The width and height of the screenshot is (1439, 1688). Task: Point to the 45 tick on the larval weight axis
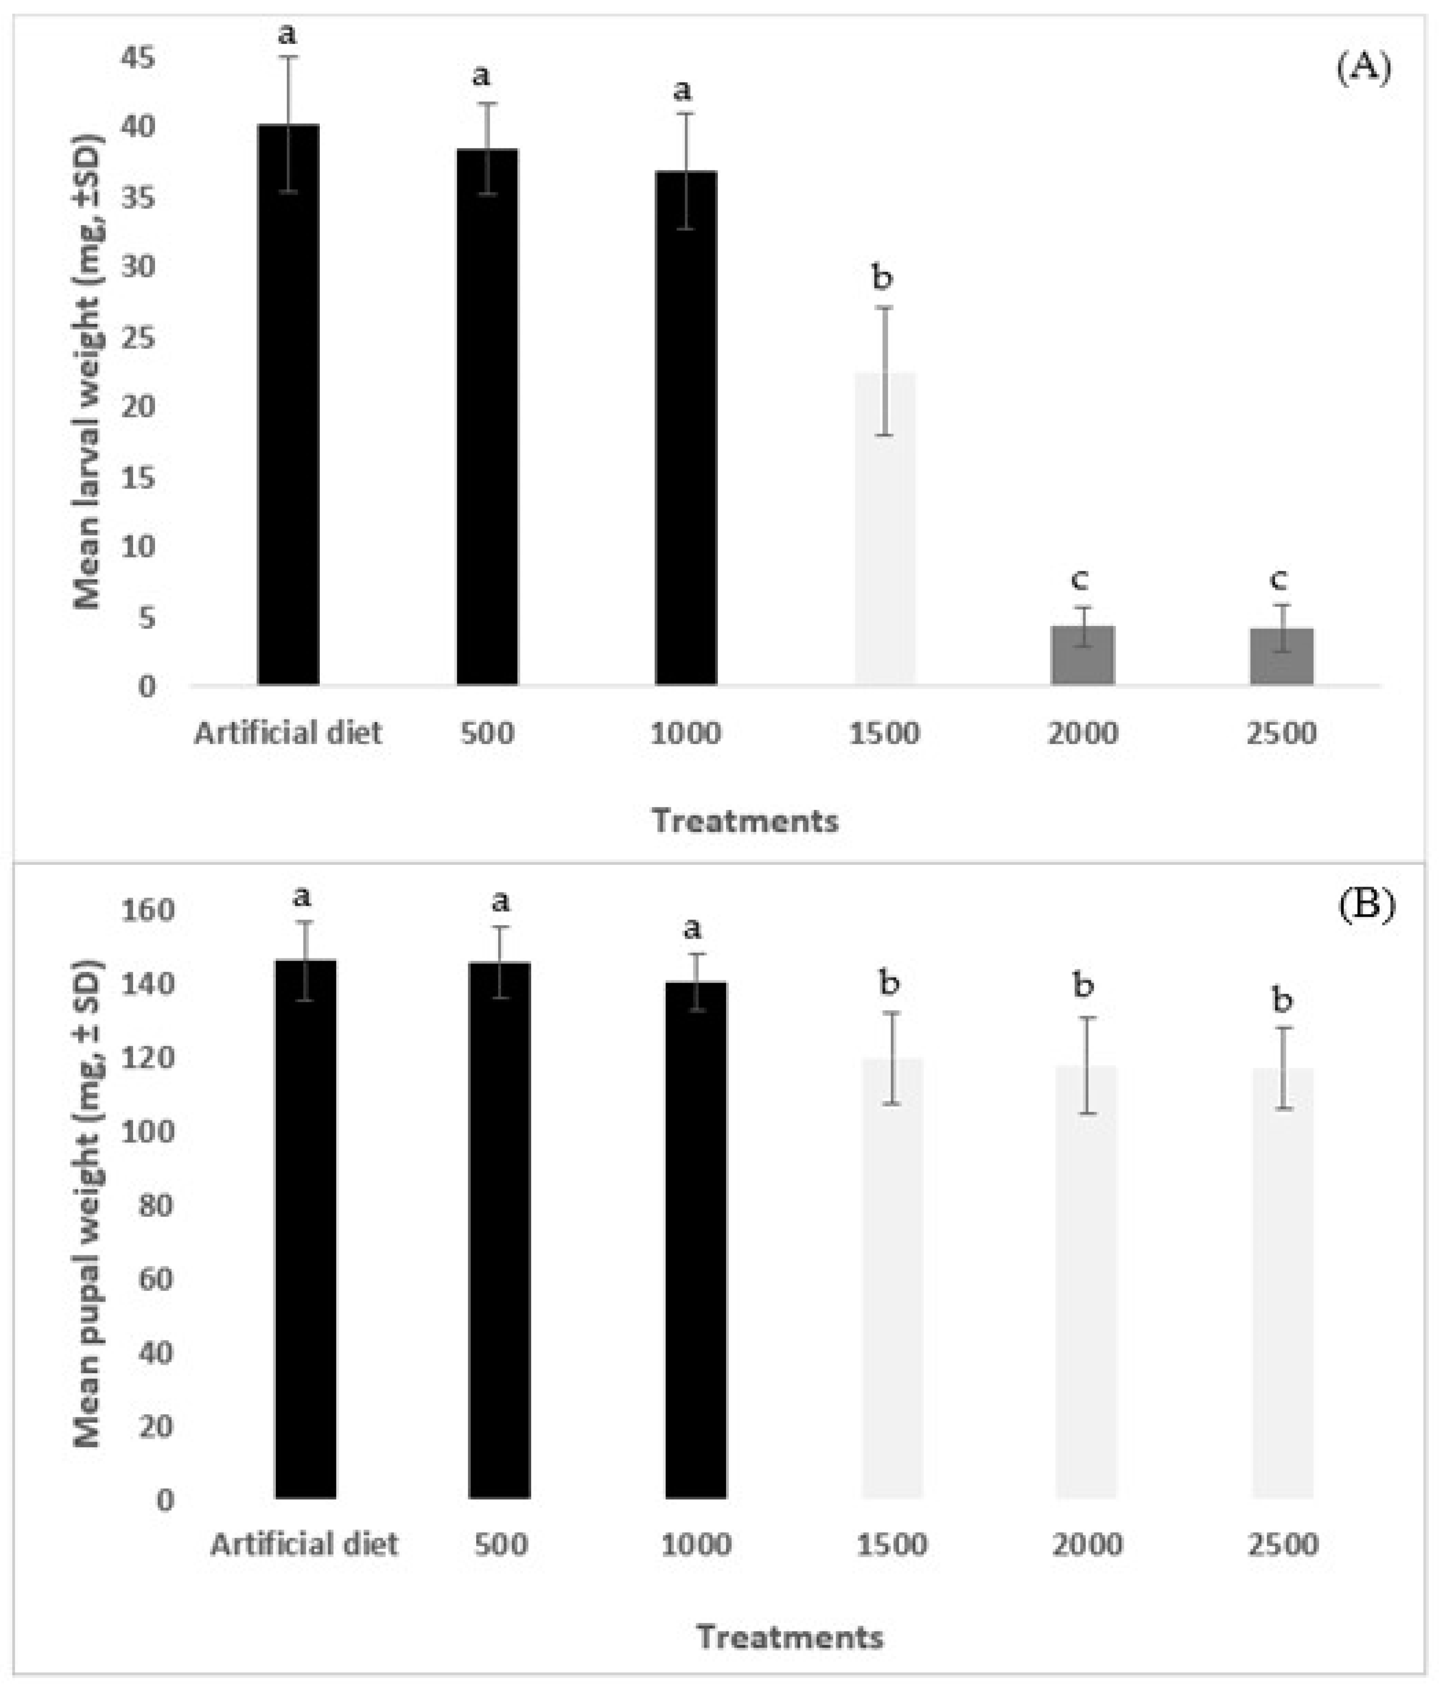pos(138,59)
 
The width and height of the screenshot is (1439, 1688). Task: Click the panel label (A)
pos(1363,69)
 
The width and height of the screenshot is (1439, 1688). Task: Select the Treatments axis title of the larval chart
pos(745,821)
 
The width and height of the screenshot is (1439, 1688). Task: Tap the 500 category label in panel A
pos(487,733)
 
